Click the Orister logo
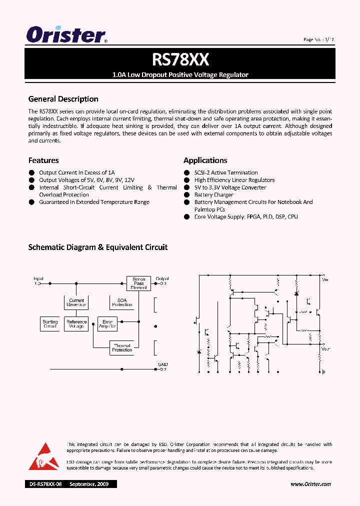(66, 35)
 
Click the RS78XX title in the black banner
(180, 60)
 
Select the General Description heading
(63, 99)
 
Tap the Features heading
(43, 160)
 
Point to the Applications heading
(205, 160)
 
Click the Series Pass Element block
(138, 283)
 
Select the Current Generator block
(76, 302)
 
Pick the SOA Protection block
(122, 302)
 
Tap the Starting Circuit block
(50, 323)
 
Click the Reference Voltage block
(76, 323)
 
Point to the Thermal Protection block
(122, 347)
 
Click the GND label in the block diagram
(162, 365)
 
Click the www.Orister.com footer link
(310, 484)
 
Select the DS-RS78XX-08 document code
(45, 484)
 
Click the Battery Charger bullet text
(213, 195)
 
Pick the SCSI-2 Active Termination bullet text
(226, 172)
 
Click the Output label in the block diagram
(162, 278)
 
